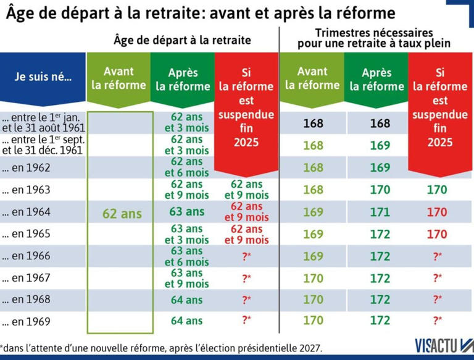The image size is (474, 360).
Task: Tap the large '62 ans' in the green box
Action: [x=122, y=214]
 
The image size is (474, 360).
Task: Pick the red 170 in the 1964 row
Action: [x=436, y=212]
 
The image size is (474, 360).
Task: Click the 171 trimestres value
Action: [x=380, y=212]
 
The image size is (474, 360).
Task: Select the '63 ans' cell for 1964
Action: [x=186, y=212]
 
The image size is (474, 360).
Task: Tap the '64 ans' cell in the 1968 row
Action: [x=186, y=300]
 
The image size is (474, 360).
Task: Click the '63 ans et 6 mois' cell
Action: [x=186, y=256]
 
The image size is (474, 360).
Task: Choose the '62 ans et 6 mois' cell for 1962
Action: [x=186, y=167]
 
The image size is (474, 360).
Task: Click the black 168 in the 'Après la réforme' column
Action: [x=380, y=123]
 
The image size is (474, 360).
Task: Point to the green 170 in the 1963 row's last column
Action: [x=436, y=190]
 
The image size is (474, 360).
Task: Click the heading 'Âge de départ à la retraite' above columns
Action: [x=182, y=40]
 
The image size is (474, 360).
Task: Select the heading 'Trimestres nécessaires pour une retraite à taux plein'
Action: [x=373, y=38]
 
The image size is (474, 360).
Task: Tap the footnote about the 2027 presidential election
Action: [x=161, y=348]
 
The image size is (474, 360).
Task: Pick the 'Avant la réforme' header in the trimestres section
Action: [x=312, y=78]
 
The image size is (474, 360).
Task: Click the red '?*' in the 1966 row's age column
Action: [x=246, y=256]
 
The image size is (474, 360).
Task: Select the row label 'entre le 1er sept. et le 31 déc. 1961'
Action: [x=43, y=145]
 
